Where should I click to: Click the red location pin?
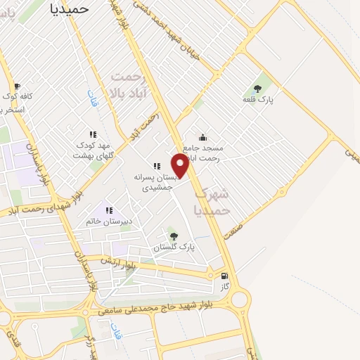click(x=181, y=165)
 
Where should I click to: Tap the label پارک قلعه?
click(x=258, y=101)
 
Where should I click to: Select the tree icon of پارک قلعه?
click(x=258, y=89)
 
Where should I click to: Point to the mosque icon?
click(x=202, y=138)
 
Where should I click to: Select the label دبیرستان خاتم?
click(x=109, y=221)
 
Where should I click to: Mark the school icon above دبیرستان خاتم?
click(x=109, y=210)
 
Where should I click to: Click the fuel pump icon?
click(x=225, y=276)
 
